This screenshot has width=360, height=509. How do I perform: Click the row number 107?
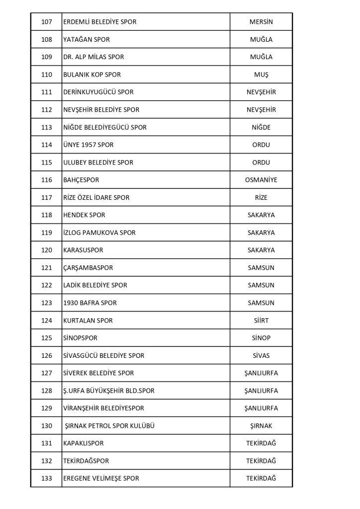pyautogui.click(x=46, y=22)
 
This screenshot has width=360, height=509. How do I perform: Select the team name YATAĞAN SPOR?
pyautogui.click(x=87, y=40)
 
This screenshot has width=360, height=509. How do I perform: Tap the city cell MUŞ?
pyautogui.click(x=261, y=75)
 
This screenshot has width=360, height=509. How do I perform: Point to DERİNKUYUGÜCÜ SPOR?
pyautogui.click(x=98, y=92)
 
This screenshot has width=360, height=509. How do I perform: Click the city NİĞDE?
pyautogui.click(x=261, y=127)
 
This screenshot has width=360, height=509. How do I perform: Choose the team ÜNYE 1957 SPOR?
pyautogui.click(x=89, y=145)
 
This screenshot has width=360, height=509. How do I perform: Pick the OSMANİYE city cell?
pyautogui.click(x=261, y=180)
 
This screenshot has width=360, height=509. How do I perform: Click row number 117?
pyautogui.click(x=46, y=197)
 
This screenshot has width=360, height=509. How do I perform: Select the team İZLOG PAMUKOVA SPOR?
pyautogui.click(x=99, y=233)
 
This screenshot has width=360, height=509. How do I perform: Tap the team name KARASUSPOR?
pyautogui.click(x=83, y=250)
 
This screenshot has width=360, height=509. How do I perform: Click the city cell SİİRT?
pyautogui.click(x=261, y=320)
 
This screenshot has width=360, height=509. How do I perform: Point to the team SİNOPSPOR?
pyautogui.click(x=80, y=338)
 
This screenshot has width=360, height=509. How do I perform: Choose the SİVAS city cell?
pyautogui.click(x=261, y=355)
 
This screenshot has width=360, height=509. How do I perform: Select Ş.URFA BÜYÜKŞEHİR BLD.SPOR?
pyautogui.click(x=109, y=391)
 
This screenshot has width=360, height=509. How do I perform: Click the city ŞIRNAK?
pyautogui.click(x=261, y=425)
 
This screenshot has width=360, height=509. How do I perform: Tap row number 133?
pyautogui.click(x=46, y=478)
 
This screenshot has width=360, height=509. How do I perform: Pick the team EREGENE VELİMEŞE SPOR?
pyautogui.click(x=101, y=478)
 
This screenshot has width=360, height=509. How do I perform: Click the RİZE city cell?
pyautogui.click(x=261, y=197)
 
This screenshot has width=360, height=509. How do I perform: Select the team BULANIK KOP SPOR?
pyautogui.click(x=92, y=75)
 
